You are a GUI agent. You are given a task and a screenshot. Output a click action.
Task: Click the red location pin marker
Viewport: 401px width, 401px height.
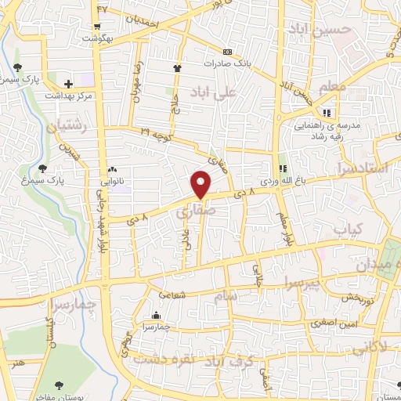coord(202,184)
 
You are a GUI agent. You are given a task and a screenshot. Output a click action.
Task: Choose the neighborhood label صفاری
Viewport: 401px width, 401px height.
coord(190,211)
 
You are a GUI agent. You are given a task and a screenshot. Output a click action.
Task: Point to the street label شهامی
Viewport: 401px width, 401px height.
coord(172,294)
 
